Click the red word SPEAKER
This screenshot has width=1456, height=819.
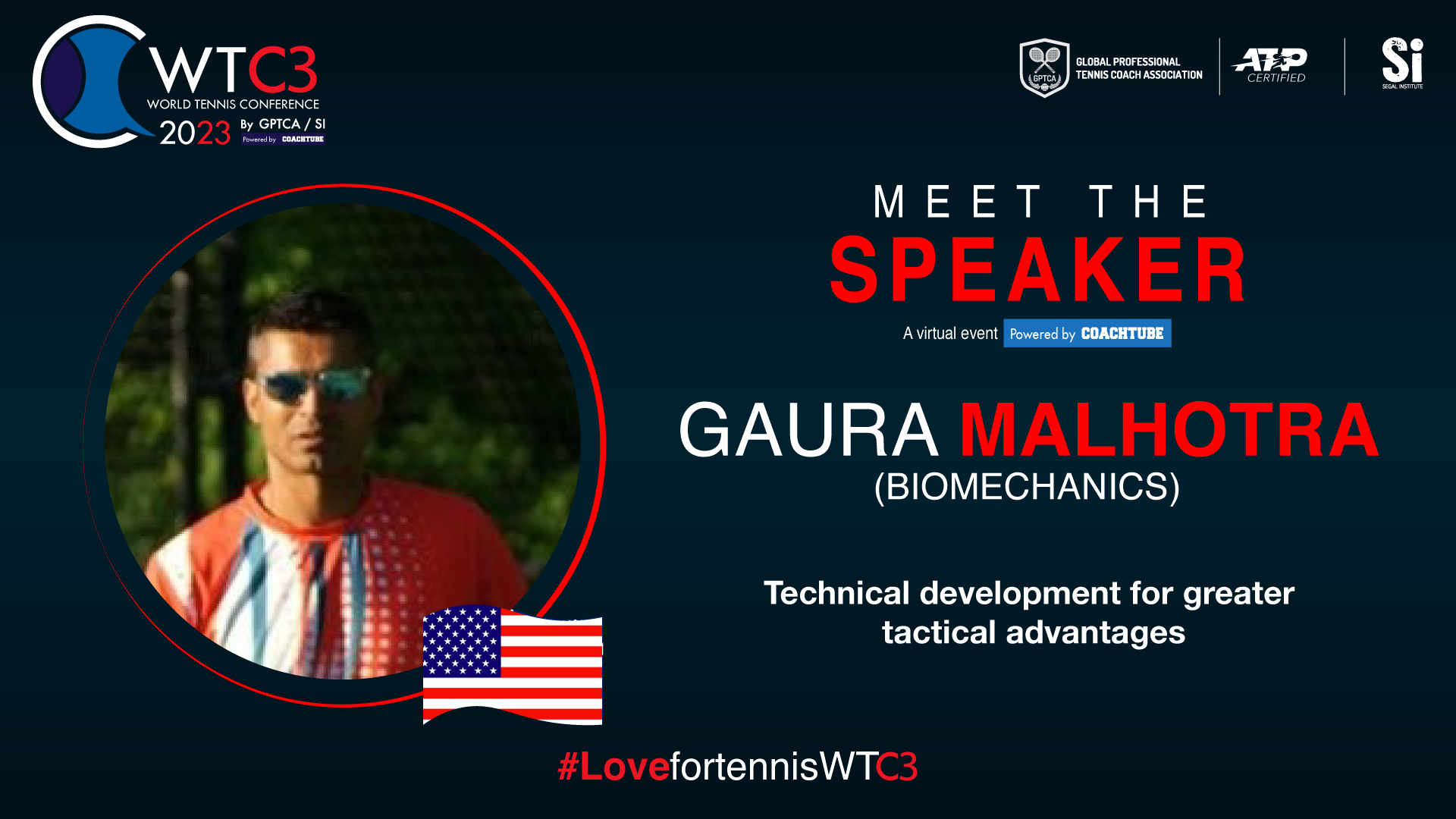pyautogui.click(x=1037, y=269)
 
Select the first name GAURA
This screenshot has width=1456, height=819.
pyautogui.click(x=808, y=430)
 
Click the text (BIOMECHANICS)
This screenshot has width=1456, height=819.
pyautogui.click(x=1027, y=487)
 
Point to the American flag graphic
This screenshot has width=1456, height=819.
pyautogui.click(x=513, y=665)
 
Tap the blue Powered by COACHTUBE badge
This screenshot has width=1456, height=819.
pyautogui.click(x=1087, y=334)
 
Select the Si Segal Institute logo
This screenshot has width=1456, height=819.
pyautogui.click(x=1402, y=63)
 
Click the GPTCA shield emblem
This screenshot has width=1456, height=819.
pyautogui.click(x=1044, y=67)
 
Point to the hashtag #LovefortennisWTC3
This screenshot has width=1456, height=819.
pyautogui.click(x=738, y=766)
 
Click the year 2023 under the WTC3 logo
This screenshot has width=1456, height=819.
pyautogui.click(x=195, y=133)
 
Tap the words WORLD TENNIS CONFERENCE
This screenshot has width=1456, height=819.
pyautogui.click(x=233, y=104)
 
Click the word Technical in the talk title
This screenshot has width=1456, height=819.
pyautogui.click(x=836, y=593)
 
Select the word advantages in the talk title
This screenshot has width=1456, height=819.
pyautogui.click(x=1096, y=632)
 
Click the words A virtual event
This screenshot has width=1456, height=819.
pyautogui.click(x=950, y=334)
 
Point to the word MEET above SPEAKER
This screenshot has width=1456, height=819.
pyautogui.click(x=958, y=202)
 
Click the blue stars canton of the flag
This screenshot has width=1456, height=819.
pyautogui.click(x=461, y=642)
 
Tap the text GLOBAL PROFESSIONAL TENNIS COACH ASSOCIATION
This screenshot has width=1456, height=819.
pyautogui.click(x=1139, y=68)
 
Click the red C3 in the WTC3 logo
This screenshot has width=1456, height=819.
pyautogui.click(x=283, y=71)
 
